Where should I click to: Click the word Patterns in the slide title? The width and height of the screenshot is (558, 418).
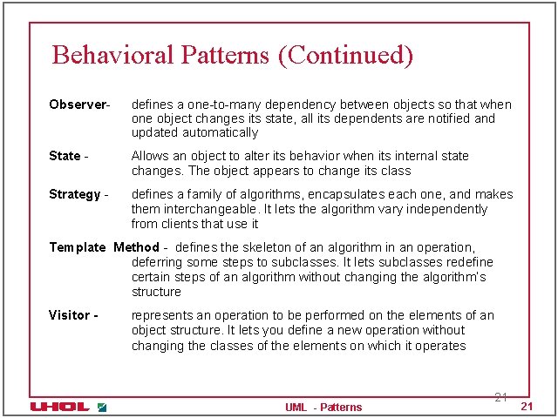click(226, 55)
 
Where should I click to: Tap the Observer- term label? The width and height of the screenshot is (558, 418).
click(79, 104)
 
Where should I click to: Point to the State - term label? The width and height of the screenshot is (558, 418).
click(68, 156)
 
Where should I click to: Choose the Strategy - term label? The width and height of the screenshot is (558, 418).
click(78, 194)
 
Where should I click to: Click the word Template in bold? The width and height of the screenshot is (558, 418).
click(77, 247)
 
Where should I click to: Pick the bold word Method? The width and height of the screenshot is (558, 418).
click(137, 247)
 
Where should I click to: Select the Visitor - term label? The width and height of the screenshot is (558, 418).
click(73, 315)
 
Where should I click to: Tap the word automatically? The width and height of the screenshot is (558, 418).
click(220, 133)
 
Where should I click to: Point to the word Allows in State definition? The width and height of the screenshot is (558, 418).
click(151, 156)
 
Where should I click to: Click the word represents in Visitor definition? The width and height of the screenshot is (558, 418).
click(165, 315)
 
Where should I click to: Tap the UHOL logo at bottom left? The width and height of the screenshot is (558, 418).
click(59, 407)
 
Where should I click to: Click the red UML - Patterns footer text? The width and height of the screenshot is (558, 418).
click(323, 407)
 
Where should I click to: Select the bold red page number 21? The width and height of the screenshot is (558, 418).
click(526, 408)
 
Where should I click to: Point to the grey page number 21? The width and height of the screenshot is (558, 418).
click(500, 397)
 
